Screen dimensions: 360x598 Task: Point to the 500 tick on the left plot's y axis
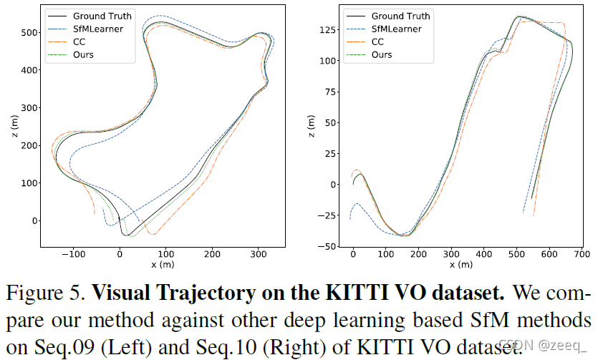tap(28, 33)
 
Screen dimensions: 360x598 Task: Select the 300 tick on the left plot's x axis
tap(258, 254)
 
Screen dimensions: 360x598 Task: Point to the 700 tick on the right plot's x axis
tap(581, 254)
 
